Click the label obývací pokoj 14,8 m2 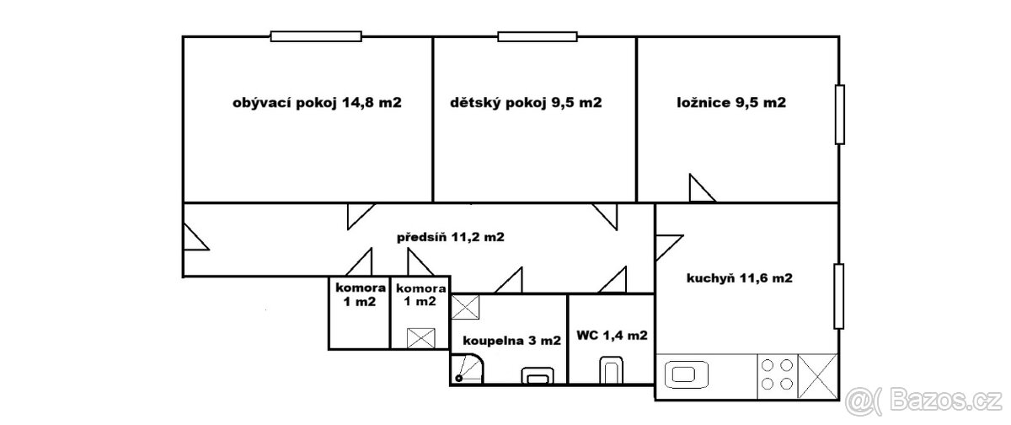pos(316,104)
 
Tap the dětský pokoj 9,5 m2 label pos(526,104)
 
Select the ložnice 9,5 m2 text pos(731,104)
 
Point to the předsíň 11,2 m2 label pos(450,237)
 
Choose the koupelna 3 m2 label pos(511,342)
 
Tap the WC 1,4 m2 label pos(612,336)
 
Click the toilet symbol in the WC pos(610,371)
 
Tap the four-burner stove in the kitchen pos(776,374)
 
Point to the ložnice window pos(839,114)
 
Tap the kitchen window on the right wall pos(839,296)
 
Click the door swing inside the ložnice pos(699,190)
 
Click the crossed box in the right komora pos(420,338)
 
